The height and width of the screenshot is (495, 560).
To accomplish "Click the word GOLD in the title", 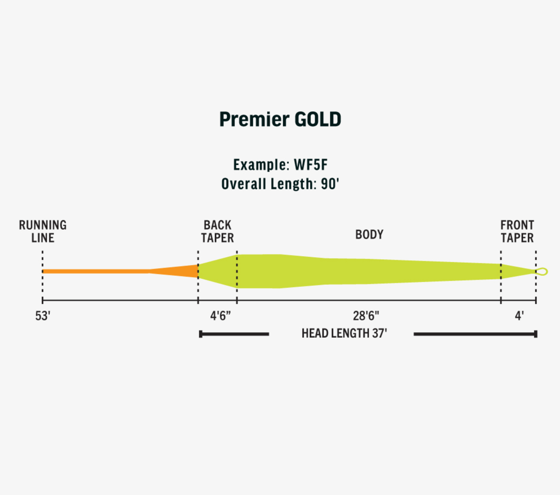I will [318, 119].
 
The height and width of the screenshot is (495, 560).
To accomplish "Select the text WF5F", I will [311, 165].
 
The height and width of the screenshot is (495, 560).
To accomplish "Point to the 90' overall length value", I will [330, 184].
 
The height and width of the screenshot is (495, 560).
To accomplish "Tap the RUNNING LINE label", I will [43, 232].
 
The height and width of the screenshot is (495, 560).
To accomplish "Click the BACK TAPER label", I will [217, 232].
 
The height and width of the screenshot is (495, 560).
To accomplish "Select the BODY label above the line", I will [369, 235].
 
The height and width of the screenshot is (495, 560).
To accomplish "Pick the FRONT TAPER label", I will [517, 232].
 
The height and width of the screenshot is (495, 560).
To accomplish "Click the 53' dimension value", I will [43, 316].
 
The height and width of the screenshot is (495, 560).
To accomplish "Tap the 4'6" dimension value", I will [220, 316].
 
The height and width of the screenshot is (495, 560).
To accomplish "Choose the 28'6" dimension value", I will [366, 316].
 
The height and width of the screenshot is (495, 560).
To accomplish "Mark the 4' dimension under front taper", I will [519, 316].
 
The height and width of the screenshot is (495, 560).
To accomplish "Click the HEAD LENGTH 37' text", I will [344, 334].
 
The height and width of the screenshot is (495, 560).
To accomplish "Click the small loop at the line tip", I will [542, 271].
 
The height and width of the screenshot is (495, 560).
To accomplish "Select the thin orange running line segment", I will [96, 271].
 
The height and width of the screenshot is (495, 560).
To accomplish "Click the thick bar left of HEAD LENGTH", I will [234, 334].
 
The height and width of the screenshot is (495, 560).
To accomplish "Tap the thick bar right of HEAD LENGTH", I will [475, 334].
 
